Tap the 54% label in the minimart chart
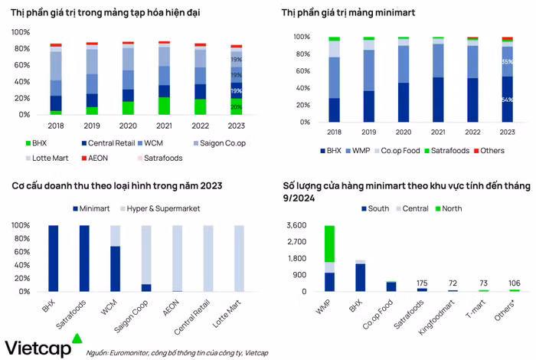(507, 100)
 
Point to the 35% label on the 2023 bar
(507, 61)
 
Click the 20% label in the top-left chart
(237, 107)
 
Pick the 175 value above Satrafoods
(422, 283)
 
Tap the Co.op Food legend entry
(393, 150)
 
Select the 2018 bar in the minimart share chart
(334, 80)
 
